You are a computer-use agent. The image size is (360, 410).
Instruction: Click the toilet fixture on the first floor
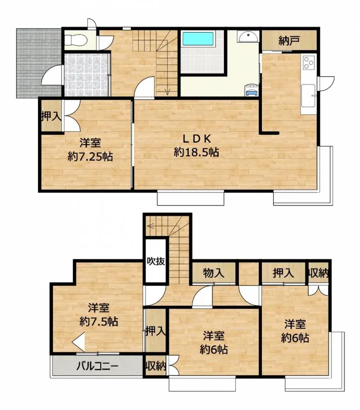[75, 40]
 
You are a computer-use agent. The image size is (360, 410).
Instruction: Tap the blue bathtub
[198, 39]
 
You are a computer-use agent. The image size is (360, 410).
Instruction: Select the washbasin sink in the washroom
[249, 36]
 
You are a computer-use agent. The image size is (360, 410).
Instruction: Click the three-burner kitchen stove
[308, 63]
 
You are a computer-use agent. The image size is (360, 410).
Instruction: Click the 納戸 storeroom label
[289, 41]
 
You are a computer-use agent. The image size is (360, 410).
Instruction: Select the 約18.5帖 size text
[196, 153]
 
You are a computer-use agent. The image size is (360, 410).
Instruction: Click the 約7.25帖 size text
[90, 156]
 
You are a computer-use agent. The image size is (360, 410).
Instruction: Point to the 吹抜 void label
[156, 261]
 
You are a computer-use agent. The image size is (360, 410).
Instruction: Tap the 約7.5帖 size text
[99, 321]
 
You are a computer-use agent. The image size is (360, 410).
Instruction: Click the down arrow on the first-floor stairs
[167, 91]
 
